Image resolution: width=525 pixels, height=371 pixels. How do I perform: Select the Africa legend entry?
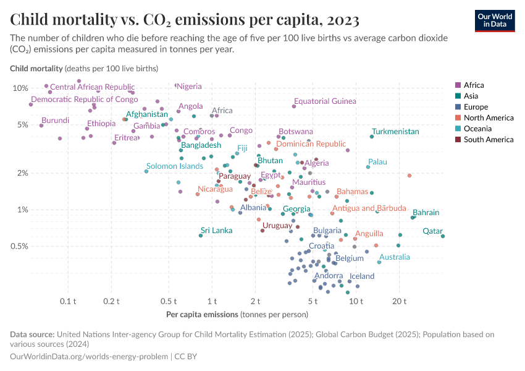pyautogui.click(x=474, y=85)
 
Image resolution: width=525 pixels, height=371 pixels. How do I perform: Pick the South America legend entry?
pyautogui.click(x=489, y=140)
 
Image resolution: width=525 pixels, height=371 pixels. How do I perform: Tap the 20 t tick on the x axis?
pyautogui.click(x=399, y=301)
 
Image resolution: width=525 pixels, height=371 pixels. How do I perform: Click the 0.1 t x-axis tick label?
pyautogui.click(x=68, y=301)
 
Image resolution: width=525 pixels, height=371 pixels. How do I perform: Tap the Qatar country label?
pyautogui.click(x=432, y=231)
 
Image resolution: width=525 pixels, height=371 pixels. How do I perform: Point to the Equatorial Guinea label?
pyautogui.click(x=325, y=101)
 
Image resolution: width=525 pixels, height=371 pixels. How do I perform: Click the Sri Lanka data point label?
pyautogui.click(x=216, y=231)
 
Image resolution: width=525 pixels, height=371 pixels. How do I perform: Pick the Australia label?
pyautogui.click(x=394, y=257)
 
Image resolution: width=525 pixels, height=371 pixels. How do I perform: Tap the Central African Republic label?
pyautogui.click(x=92, y=87)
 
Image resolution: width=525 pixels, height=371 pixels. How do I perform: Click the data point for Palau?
pyautogui.click(x=368, y=167)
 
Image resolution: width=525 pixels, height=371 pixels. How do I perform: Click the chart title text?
pyautogui.click(x=185, y=20)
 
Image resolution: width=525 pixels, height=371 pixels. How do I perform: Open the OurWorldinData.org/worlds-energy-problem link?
pyautogui.click(x=89, y=357)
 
